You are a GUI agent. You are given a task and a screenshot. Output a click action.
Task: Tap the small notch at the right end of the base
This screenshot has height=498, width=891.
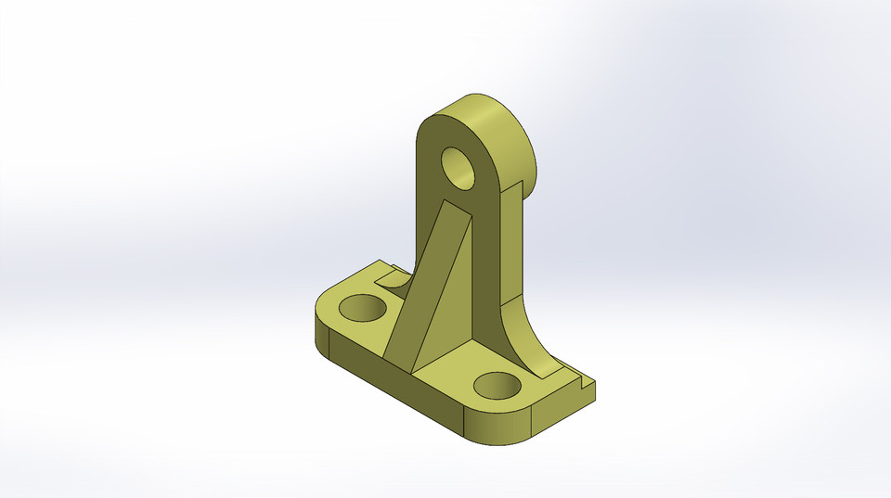click(583, 378)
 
